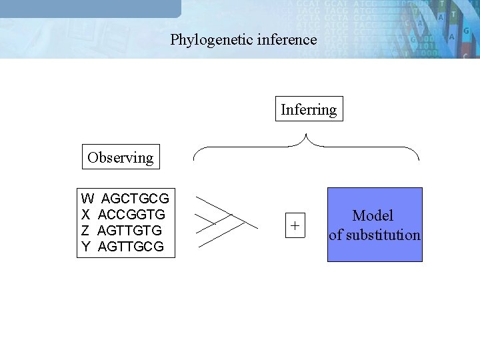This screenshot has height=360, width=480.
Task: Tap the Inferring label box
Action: coord(309,109)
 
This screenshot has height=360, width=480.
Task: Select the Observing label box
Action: coord(120,158)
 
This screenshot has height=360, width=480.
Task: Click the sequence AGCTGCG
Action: coord(135,199)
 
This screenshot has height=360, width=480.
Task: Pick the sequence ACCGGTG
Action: coord(131,215)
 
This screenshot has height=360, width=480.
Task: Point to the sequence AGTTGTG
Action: coord(129,231)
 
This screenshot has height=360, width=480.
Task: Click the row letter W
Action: coord(87,199)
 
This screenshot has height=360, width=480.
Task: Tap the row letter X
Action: coord(86,215)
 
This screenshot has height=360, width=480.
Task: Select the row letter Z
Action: coord(85,231)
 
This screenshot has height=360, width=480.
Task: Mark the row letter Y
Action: coord(86,247)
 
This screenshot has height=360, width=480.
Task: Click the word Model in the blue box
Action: coord(373,215)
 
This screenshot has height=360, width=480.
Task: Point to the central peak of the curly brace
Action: coord(306,136)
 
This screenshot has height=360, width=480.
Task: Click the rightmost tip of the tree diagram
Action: coord(257,229)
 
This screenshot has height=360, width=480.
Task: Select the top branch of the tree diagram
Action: coord(213,206)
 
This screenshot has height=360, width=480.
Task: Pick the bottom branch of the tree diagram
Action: coord(220,237)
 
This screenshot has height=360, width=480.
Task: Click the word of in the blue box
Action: coord(335,235)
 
